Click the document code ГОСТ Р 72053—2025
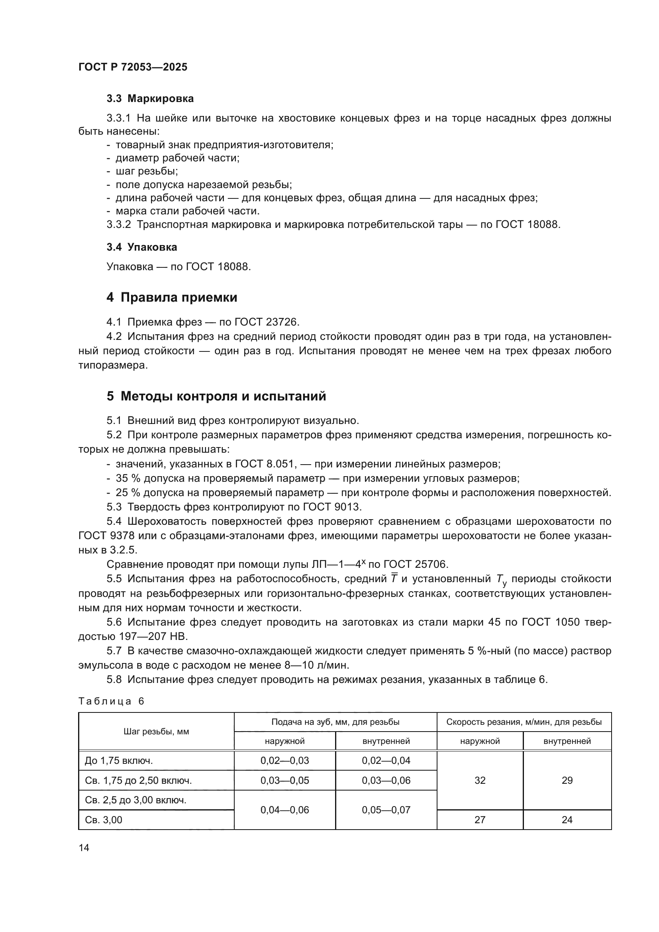click(x=133, y=67)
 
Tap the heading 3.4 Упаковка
click(x=141, y=247)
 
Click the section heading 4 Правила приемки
click(x=172, y=298)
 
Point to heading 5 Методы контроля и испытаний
click(x=216, y=396)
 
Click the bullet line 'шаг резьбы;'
click(x=147, y=171)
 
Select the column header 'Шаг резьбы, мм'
click(x=156, y=732)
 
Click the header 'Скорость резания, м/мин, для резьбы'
click(x=524, y=722)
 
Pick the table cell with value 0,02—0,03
click(x=284, y=761)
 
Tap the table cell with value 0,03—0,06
click(x=386, y=781)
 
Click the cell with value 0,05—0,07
click(x=386, y=810)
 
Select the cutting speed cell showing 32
click(x=480, y=781)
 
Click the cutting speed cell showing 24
click(x=567, y=820)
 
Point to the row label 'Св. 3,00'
click(x=104, y=820)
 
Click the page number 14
click(x=84, y=848)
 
